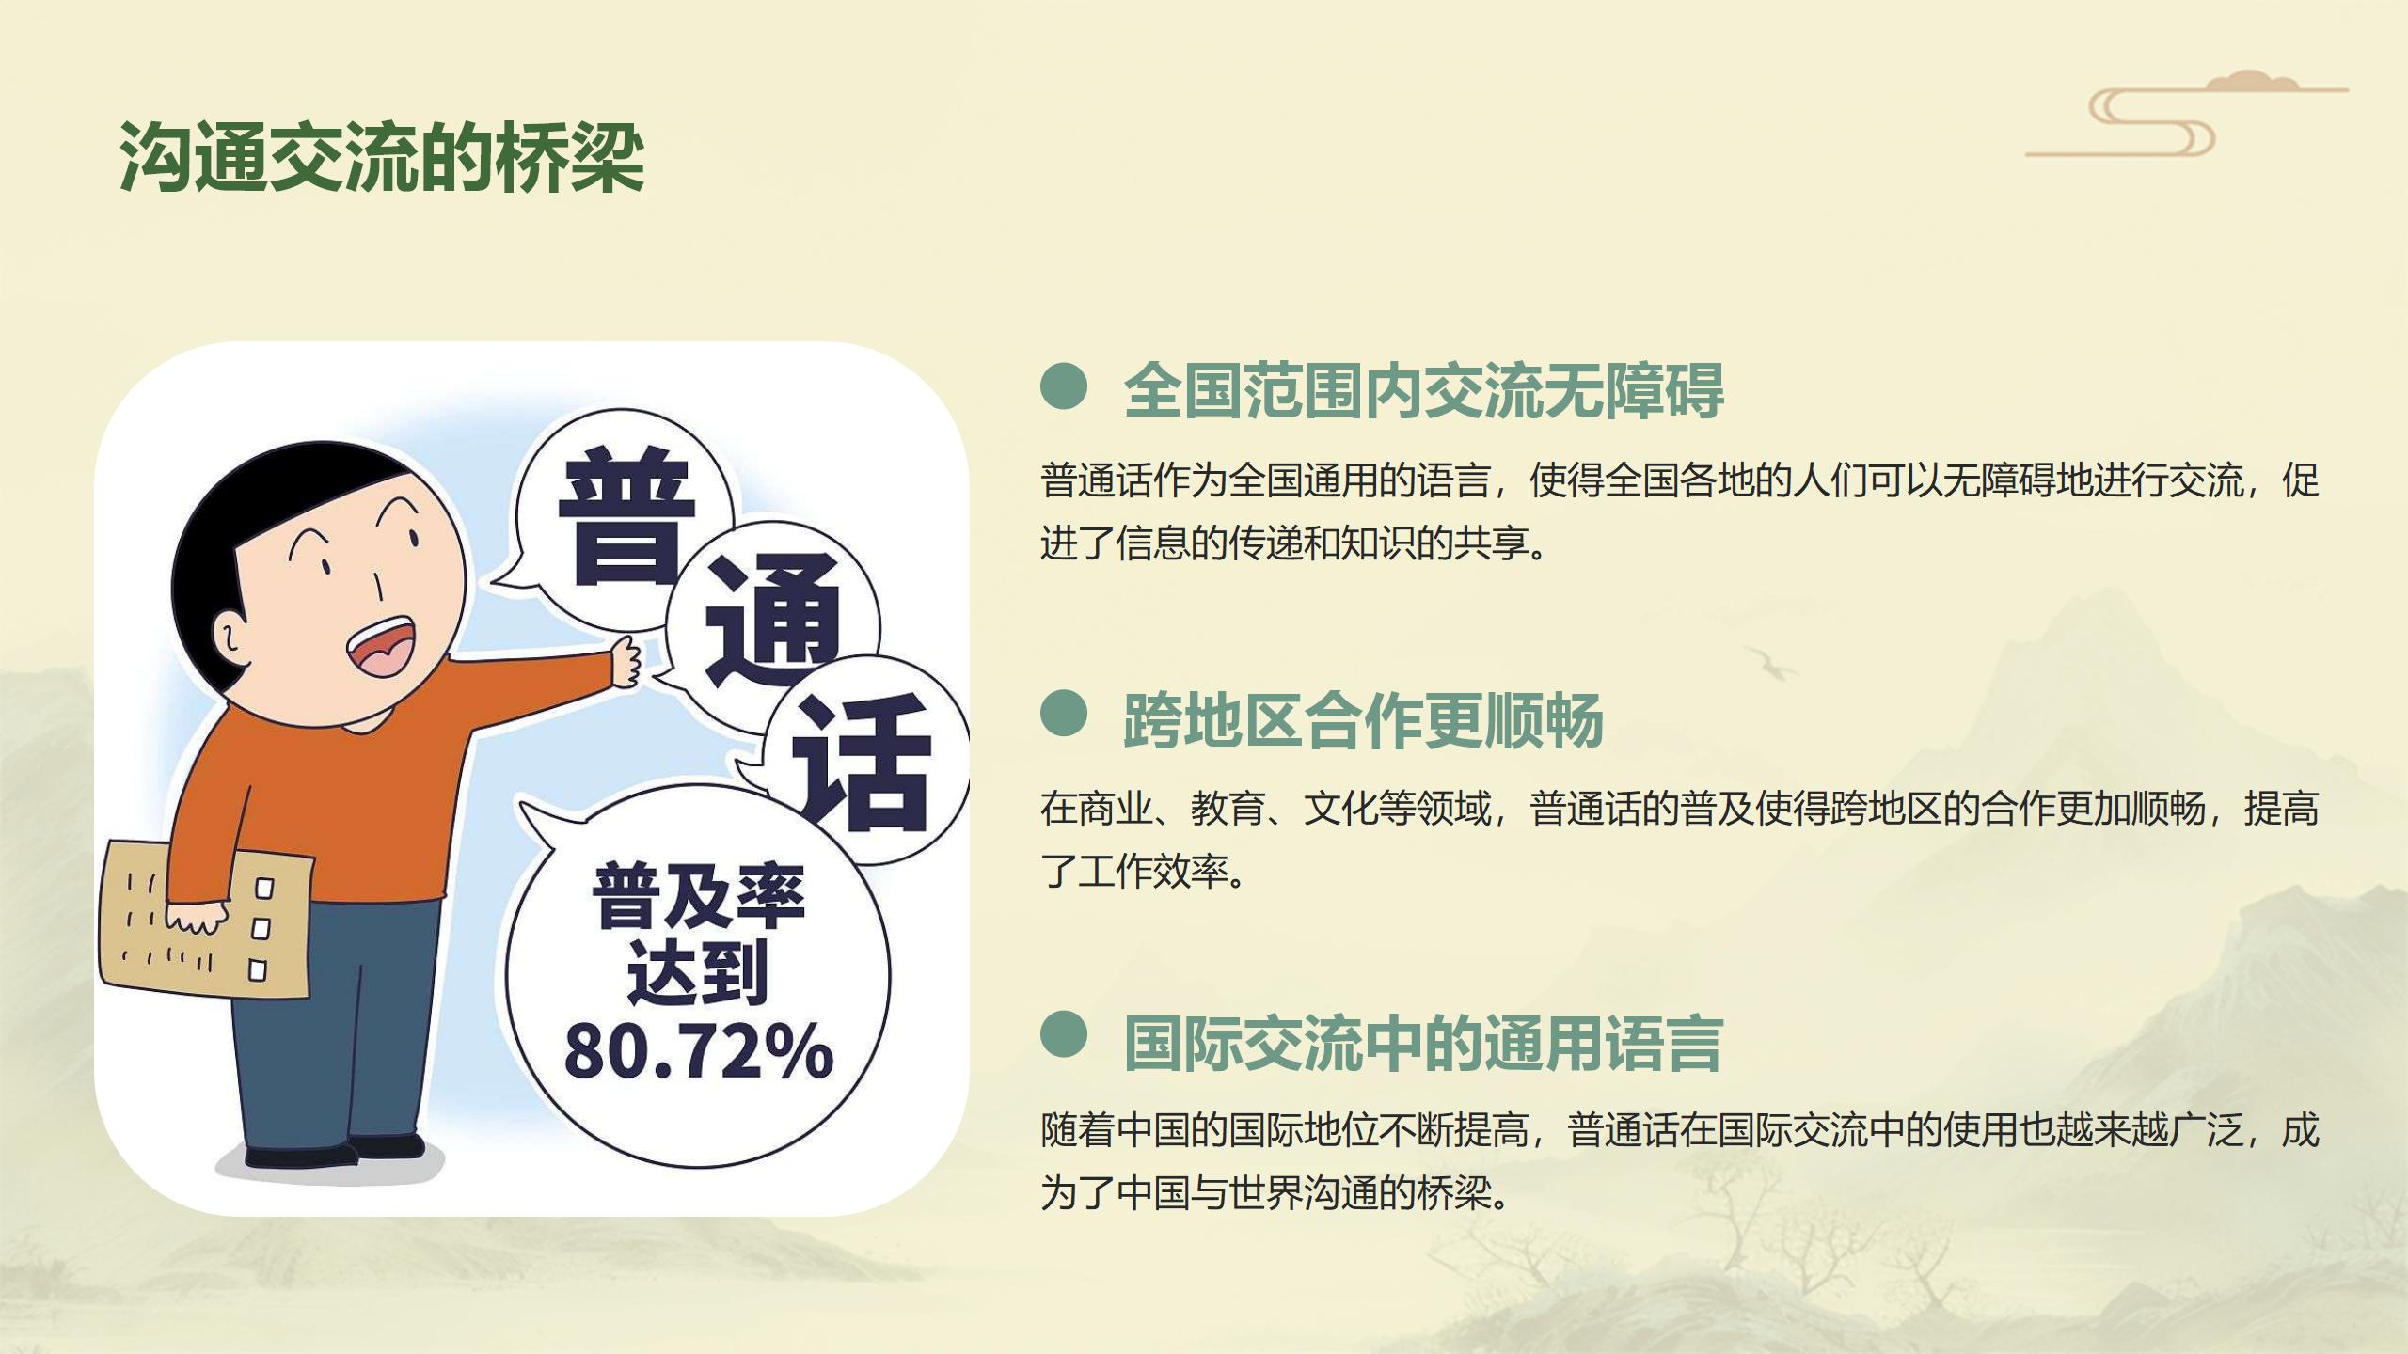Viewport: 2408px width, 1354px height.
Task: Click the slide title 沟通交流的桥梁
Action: [381, 157]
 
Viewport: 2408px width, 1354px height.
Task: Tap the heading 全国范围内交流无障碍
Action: [1424, 389]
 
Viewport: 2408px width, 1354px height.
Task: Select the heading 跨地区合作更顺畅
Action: [1364, 721]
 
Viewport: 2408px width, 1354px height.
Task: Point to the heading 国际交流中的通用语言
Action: [1424, 1044]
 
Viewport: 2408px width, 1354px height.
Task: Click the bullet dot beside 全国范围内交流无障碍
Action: [1064, 387]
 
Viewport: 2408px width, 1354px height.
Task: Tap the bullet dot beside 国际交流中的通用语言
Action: [1064, 1035]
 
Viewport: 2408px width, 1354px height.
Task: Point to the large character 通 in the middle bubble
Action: [773, 622]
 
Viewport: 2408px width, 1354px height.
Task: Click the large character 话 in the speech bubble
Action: [863, 762]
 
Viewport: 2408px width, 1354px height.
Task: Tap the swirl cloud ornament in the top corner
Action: [2187, 114]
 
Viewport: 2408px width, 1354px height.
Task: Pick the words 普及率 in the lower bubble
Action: [699, 896]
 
